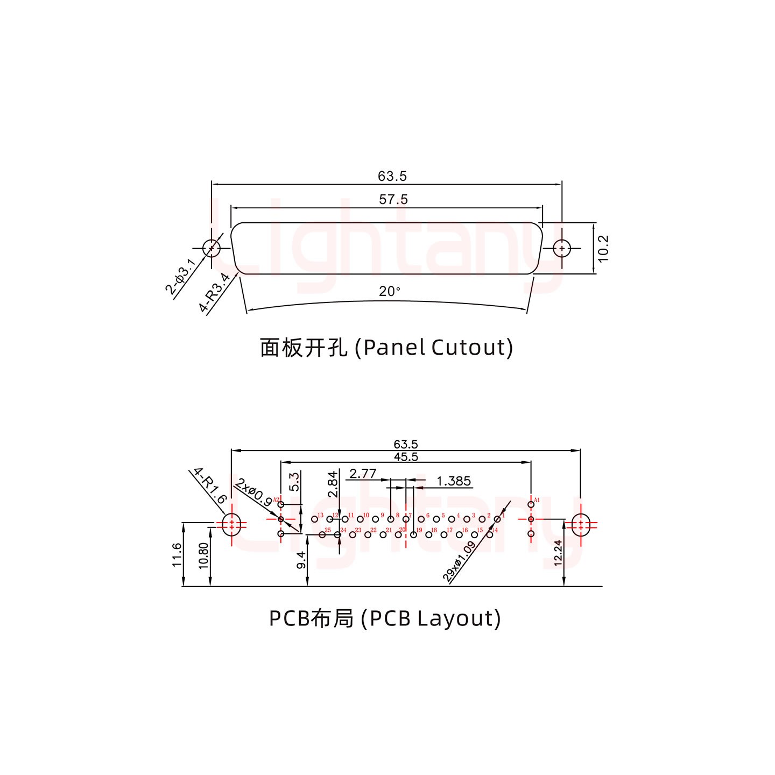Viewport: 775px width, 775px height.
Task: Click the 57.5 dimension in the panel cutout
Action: pyautogui.click(x=393, y=200)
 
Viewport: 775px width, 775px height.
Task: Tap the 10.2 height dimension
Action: pyautogui.click(x=603, y=247)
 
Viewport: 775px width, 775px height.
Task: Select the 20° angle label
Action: pyautogui.click(x=389, y=292)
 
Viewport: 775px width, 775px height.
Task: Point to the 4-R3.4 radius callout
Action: pyautogui.click(x=215, y=292)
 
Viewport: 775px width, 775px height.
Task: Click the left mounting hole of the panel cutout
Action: pyautogui.click(x=212, y=248)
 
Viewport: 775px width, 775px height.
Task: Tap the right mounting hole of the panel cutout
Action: pyautogui.click(x=562, y=248)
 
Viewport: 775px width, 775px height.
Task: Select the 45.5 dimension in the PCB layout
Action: pyautogui.click(x=406, y=457)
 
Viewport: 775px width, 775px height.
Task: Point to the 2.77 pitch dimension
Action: pyautogui.click(x=362, y=474)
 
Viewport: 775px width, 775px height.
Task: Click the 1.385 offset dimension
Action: pyautogui.click(x=454, y=481)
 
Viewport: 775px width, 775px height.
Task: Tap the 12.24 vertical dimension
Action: pyautogui.click(x=558, y=554)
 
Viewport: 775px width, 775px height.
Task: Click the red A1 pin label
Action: pyautogui.click(x=537, y=499)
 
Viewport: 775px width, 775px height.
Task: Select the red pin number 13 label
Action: pyautogui.click(x=320, y=516)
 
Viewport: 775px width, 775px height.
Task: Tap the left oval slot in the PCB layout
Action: pyautogui.click(x=231, y=525)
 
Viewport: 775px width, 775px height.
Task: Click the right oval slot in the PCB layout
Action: pyautogui.click(x=580, y=525)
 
